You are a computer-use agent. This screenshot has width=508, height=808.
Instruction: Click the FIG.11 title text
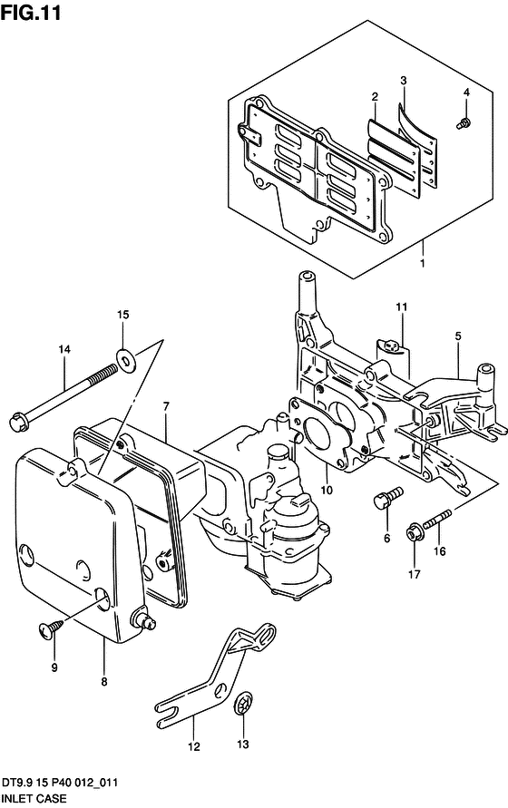[x=31, y=12]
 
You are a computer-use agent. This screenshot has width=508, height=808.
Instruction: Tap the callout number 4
[x=466, y=92]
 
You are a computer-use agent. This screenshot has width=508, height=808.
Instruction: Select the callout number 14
[x=63, y=349]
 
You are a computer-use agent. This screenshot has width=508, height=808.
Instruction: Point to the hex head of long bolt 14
[x=18, y=421]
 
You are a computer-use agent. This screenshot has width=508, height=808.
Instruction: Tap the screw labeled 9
[x=51, y=628]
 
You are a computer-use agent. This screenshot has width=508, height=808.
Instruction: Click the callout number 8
[x=104, y=682]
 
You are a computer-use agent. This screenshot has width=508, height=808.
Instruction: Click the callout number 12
[x=193, y=746]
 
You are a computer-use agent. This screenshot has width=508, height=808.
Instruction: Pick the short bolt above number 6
[x=388, y=498]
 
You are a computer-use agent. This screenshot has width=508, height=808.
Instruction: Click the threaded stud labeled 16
[x=438, y=519]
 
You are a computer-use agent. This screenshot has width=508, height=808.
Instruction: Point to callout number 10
[x=327, y=490]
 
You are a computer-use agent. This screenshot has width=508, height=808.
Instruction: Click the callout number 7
[x=166, y=407]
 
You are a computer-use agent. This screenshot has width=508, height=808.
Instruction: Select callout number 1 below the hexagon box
[x=423, y=263]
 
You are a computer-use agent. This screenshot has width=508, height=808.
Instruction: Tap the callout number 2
[x=375, y=97]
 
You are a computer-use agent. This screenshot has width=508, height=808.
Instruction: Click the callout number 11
[x=401, y=307]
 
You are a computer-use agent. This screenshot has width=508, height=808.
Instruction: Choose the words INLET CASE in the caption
[x=34, y=799]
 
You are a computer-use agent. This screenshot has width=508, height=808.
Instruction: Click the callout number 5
[x=458, y=336]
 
